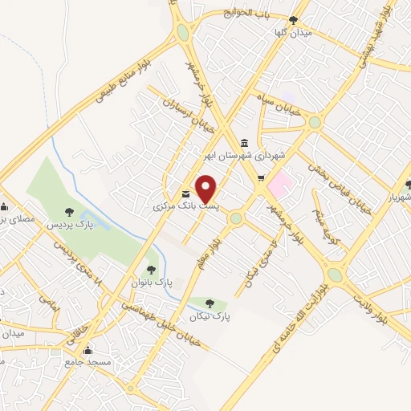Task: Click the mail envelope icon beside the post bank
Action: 186,193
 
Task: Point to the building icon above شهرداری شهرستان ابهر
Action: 244,144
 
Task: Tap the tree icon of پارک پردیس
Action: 67,212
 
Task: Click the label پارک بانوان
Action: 153,283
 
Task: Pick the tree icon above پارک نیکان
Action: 210,303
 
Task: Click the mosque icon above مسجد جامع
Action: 88,351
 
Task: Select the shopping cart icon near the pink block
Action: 260,178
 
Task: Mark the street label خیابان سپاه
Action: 281,112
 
